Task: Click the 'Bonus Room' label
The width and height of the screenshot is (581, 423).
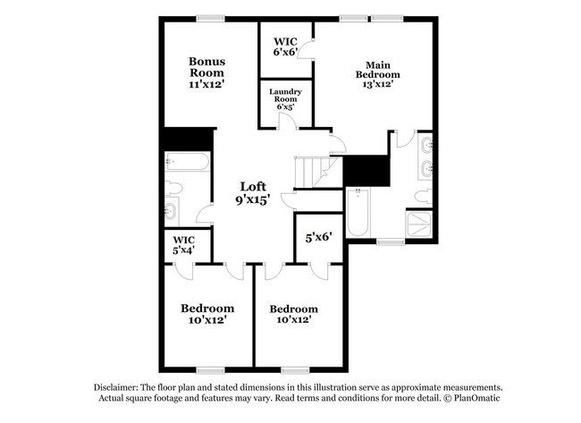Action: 206,66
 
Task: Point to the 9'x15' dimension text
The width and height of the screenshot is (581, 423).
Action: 252,201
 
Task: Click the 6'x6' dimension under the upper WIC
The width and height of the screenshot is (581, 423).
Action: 285,53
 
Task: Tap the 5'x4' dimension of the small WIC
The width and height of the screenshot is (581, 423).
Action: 183,250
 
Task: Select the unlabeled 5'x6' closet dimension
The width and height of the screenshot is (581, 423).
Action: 319,237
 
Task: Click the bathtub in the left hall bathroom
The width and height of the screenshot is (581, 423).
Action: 188,162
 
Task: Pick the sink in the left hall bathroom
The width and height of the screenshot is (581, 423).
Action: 171,211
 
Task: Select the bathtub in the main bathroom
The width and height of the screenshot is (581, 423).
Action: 358,213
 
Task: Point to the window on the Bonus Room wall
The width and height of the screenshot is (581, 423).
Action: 210,17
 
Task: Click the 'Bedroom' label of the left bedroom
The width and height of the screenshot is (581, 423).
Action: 207,308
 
